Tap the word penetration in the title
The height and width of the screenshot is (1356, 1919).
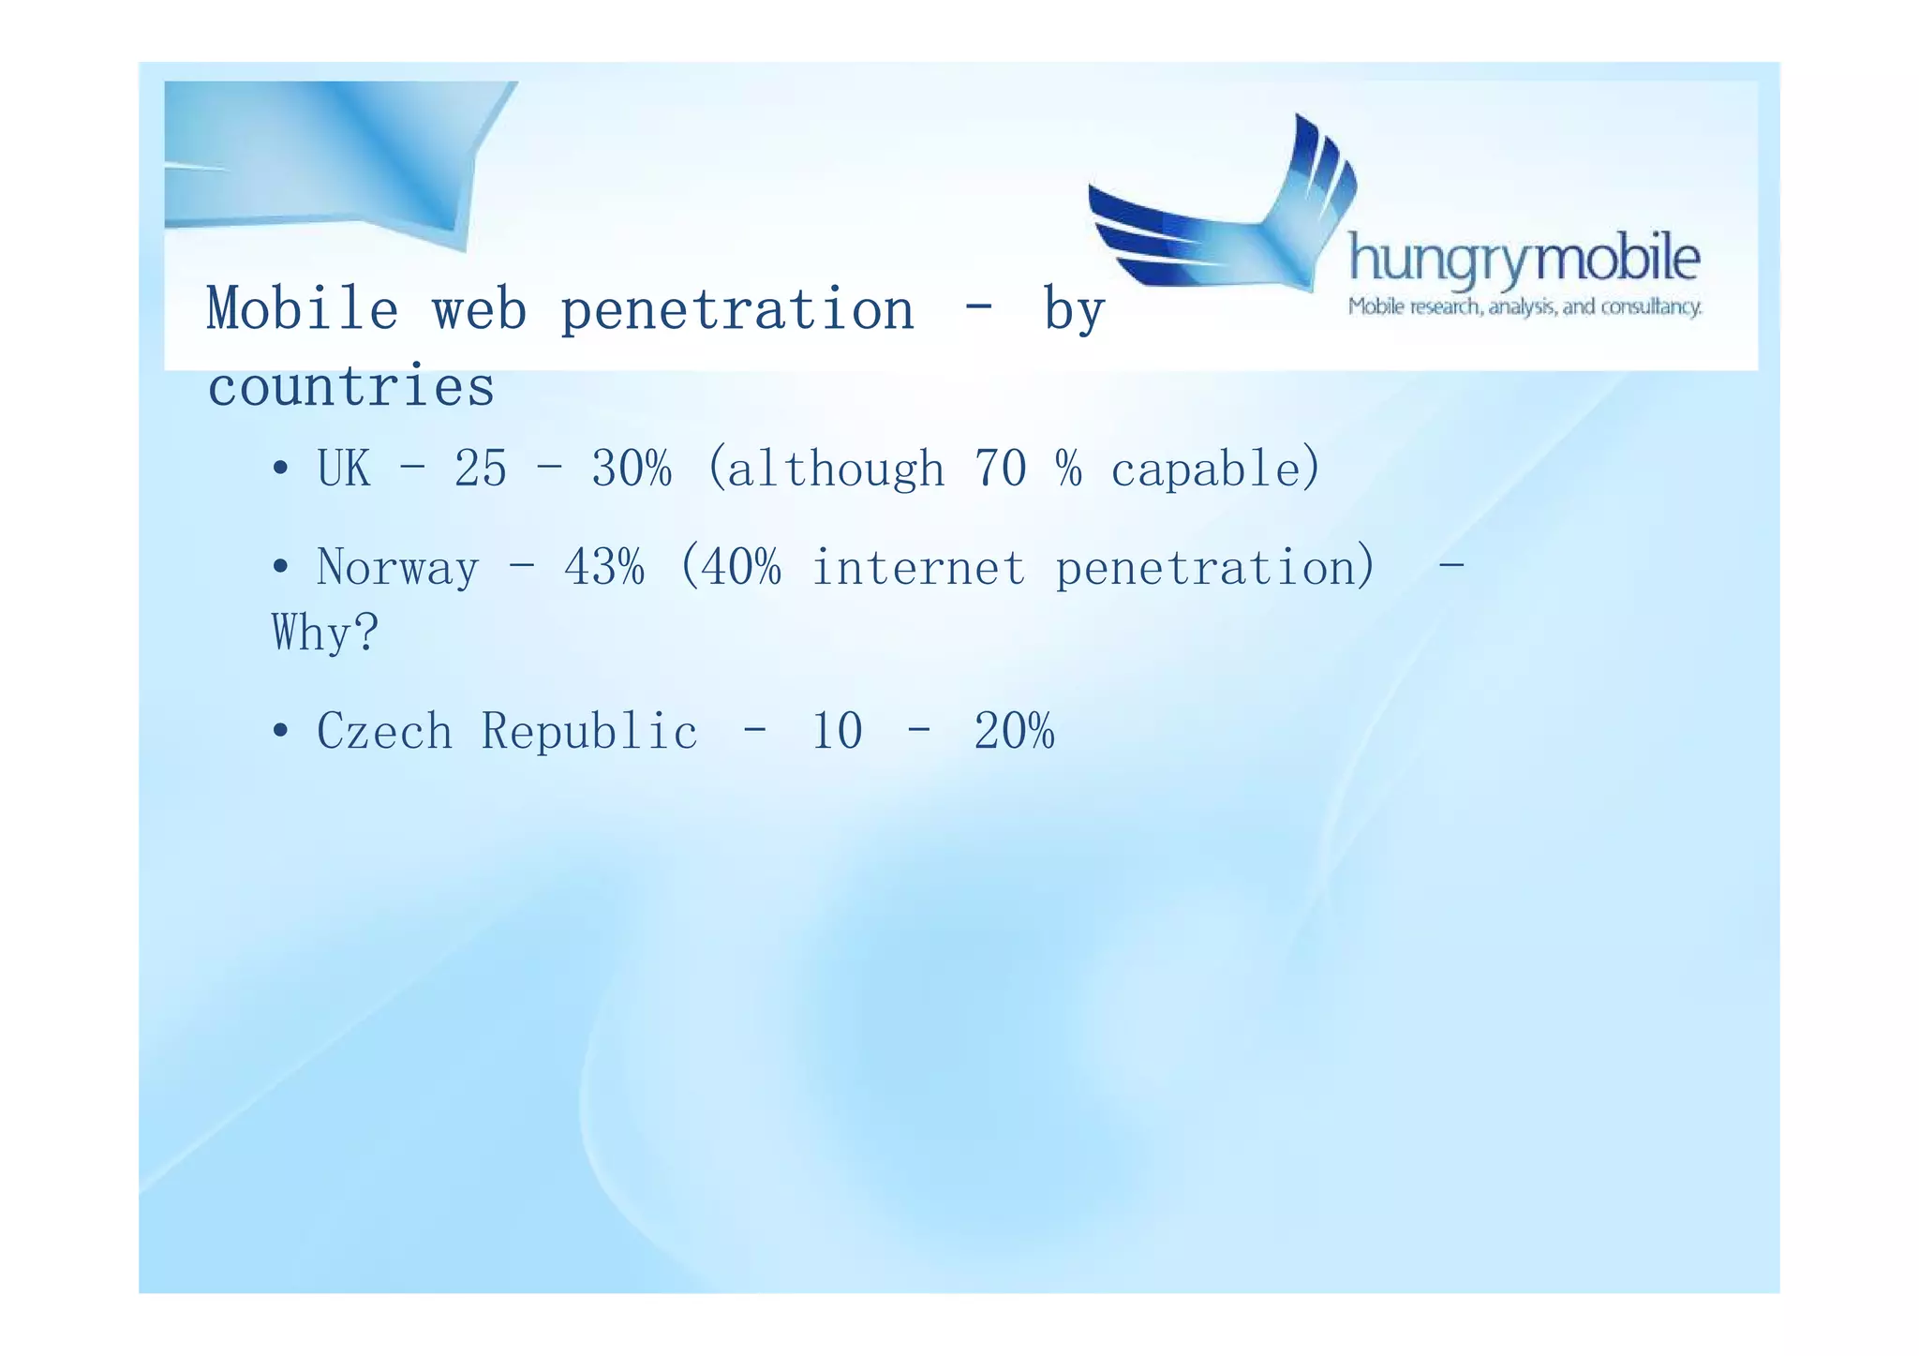coord(736,310)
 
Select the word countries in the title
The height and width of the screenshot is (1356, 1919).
coord(350,386)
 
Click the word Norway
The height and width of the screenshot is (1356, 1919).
coord(397,567)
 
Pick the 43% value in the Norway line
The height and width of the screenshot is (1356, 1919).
coord(604,567)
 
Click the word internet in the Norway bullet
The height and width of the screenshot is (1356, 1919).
coord(918,567)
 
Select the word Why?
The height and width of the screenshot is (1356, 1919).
coord(325,633)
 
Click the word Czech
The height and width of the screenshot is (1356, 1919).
coord(384,731)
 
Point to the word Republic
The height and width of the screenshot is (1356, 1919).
coord(589,731)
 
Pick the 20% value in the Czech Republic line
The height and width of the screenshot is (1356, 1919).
coord(1014,731)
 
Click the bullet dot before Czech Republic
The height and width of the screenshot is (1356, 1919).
coord(280,731)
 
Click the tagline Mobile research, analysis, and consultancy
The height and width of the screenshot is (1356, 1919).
coord(1525,307)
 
